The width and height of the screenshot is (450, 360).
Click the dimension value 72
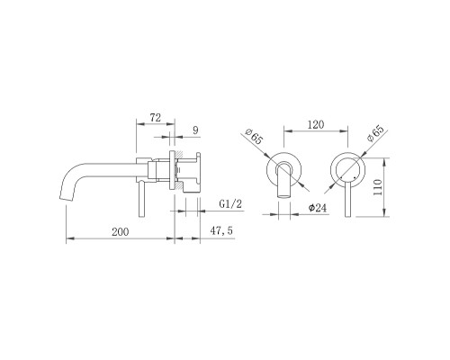point(156,118)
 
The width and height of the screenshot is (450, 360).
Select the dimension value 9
point(195,130)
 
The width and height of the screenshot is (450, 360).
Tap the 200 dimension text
point(121,231)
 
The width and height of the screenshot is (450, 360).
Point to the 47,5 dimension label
point(221,230)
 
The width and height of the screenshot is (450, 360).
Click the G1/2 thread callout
point(230,204)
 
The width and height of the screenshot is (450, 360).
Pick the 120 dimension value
point(316,124)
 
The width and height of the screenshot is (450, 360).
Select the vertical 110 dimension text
point(378,187)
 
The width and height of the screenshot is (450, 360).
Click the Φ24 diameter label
point(318,208)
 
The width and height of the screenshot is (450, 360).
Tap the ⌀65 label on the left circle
point(254,137)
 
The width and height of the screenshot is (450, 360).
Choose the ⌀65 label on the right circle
point(375,133)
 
